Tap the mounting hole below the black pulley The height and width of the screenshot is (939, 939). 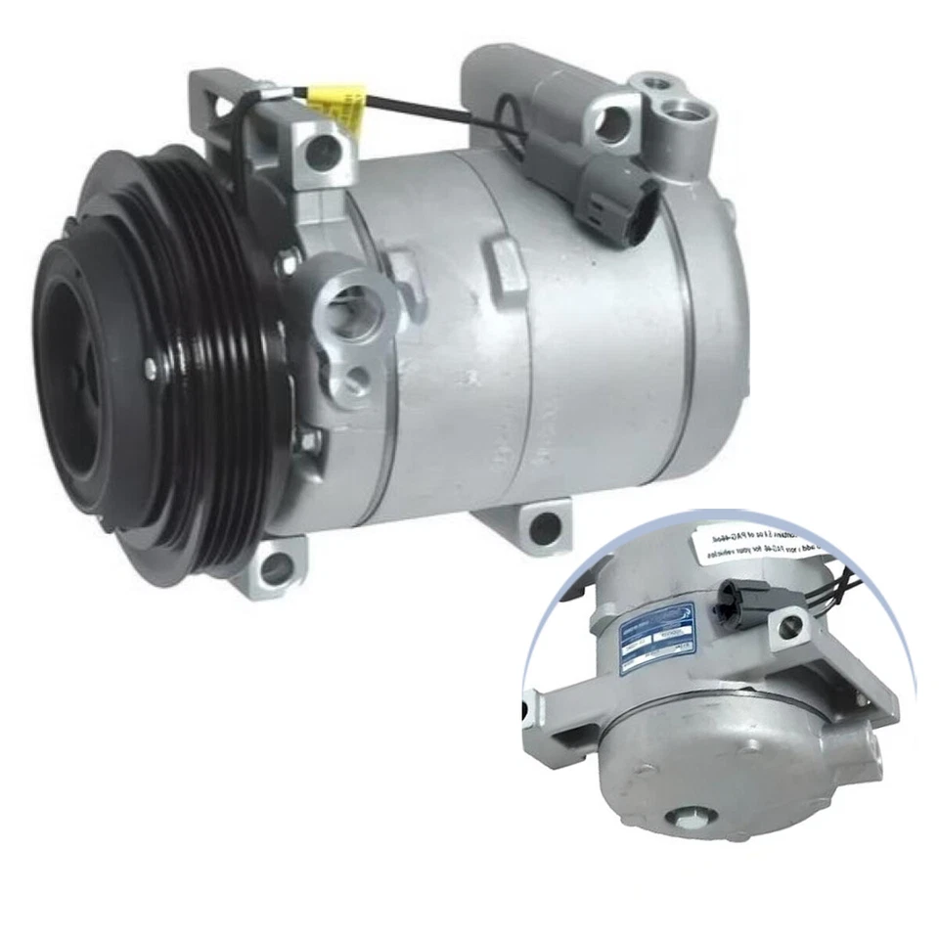click(277, 566)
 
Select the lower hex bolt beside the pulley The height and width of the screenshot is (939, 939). click(308, 440)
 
